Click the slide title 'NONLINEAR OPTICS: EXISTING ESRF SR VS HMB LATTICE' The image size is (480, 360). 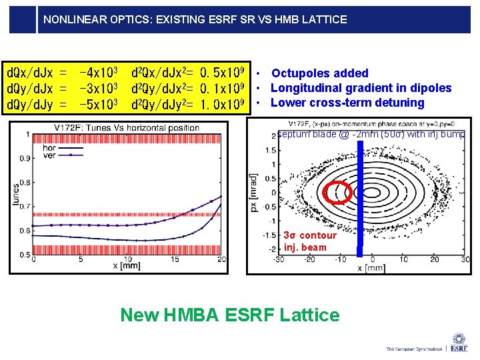point(195,19)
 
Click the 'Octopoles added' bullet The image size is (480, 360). point(319,73)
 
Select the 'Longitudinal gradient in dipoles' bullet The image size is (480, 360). point(361,88)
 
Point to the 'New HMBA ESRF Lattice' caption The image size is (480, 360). point(229,315)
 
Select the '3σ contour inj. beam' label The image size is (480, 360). point(309,241)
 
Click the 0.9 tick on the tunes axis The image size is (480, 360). point(24,159)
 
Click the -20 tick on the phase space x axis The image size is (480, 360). point(310,259)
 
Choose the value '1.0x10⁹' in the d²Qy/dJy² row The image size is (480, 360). point(226,104)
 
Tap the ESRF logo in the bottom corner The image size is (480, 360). point(459,343)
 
